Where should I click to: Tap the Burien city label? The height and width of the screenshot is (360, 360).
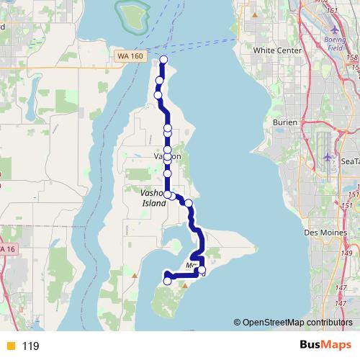(x=285, y=122)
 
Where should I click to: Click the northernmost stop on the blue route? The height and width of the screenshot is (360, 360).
(x=164, y=59)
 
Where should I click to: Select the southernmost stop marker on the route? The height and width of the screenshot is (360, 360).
(x=168, y=281)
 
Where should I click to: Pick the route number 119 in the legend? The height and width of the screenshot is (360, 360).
(x=30, y=346)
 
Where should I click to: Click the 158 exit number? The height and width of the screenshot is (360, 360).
(x=353, y=56)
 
